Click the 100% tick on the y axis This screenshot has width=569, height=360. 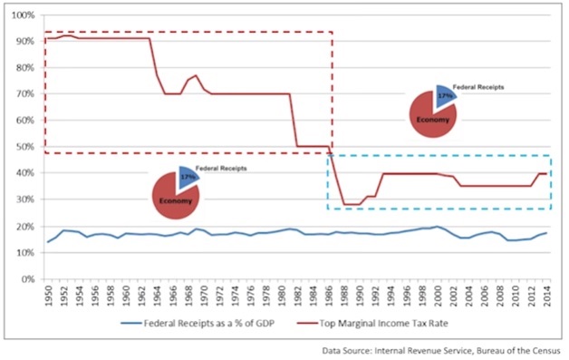pos(21,16)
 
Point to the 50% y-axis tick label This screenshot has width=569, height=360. pos(23,147)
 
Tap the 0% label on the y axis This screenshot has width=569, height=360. pos(25,279)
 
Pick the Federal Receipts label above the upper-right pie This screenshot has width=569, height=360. pos(478,87)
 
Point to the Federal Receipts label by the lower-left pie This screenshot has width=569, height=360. pos(221,169)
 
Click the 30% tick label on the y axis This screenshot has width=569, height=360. pos(23,199)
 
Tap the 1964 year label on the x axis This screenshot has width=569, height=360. pos(157,295)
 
